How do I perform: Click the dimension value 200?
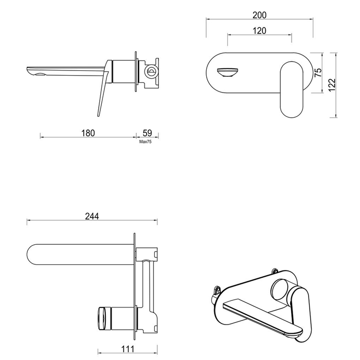260,15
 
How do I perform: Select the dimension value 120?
260,31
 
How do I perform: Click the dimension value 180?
88,133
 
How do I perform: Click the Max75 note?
146,141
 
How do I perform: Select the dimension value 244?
91,217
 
